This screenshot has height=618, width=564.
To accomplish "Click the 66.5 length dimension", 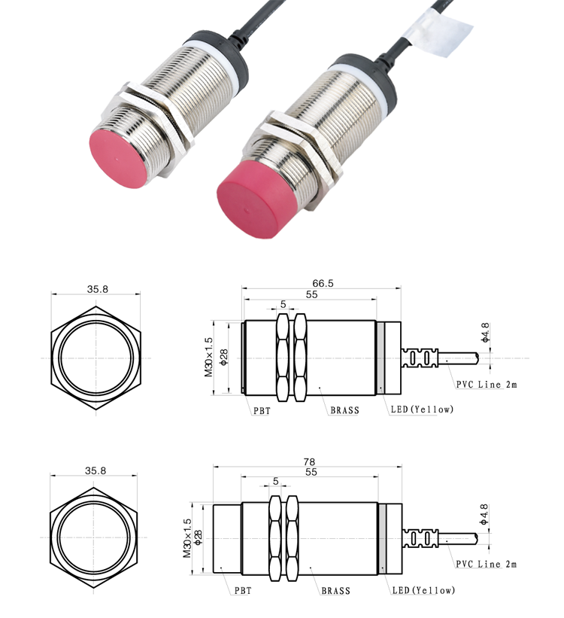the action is (x=323, y=283).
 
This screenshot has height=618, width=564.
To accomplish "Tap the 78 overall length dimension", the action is (x=309, y=461).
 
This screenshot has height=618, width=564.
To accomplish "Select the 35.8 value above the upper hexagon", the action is (x=97, y=289).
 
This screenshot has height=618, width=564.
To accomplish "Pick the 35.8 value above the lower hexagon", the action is (x=96, y=470).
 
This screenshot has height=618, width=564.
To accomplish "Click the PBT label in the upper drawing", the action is (x=262, y=411).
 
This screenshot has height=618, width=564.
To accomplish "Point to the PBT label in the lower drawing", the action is (x=243, y=590).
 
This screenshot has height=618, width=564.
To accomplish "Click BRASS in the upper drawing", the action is (x=344, y=410).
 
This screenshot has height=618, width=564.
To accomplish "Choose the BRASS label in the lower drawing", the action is (x=335, y=590).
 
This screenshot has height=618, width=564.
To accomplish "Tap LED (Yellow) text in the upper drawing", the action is (x=422, y=409).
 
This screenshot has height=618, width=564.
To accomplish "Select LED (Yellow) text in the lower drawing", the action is (x=424, y=590).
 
